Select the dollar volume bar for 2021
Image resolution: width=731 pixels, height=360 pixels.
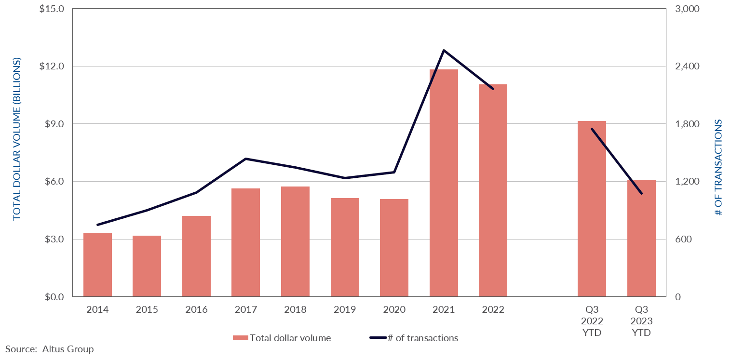pos(444,183)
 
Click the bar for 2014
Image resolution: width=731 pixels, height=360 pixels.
pos(97,265)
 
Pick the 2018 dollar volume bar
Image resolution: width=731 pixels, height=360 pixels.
pos(295,241)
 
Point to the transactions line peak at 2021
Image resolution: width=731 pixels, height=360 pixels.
pos(444,50)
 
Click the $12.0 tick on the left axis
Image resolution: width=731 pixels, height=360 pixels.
pos(54,67)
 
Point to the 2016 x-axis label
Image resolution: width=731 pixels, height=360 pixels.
pos(196,310)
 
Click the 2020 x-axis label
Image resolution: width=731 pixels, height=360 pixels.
pos(394,310)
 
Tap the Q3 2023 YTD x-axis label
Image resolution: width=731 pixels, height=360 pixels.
pos(641,321)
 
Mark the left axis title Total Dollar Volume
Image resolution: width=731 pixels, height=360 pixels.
pos(17,139)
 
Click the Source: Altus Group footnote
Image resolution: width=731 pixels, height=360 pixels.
pos(50,349)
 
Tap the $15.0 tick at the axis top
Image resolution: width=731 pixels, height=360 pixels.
pos(54,9)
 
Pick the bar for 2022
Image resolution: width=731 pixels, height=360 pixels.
pos(493,190)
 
